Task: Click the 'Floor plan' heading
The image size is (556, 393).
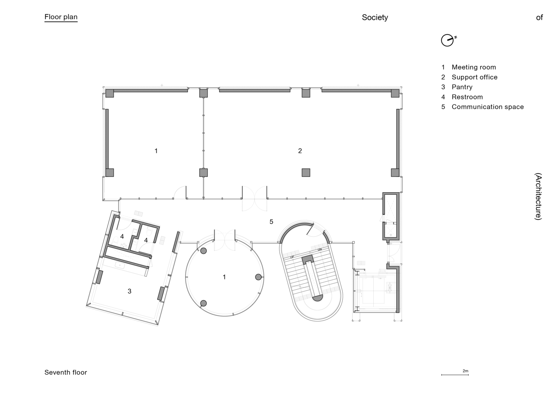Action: (61, 17)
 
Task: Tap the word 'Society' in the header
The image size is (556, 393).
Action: (375, 17)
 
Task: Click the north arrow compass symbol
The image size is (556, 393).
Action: (448, 40)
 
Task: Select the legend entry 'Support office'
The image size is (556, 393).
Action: (474, 77)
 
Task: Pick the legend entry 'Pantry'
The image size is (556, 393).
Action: (462, 87)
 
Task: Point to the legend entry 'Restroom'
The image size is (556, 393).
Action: (467, 97)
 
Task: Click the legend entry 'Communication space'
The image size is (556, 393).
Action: (488, 107)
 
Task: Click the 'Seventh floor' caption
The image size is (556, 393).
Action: (66, 373)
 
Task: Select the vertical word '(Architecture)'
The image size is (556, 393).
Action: (538, 196)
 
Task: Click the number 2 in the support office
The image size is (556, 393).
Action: (300, 151)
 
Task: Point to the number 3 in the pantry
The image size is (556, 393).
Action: (129, 291)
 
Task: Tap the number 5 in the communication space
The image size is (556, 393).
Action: (271, 222)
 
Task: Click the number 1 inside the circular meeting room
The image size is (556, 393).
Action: (224, 277)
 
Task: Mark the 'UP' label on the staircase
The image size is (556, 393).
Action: (292, 257)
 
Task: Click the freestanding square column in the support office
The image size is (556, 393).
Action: (306, 173)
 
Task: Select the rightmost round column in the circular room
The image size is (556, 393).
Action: (258, 277)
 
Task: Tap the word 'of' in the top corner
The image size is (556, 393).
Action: (539, 17)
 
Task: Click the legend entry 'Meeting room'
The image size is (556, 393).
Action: (474, 67)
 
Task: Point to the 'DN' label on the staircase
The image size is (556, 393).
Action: (320, 250)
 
